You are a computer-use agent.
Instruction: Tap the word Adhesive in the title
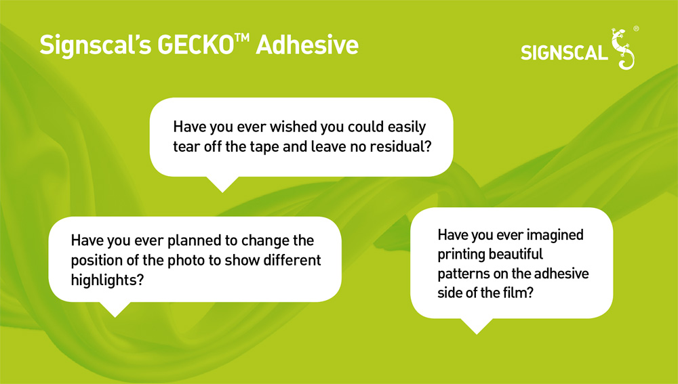(x=307, y=45)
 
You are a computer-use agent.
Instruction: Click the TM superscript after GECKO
(x=242, y=37)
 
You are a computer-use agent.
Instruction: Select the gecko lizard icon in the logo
(x=622, y=49)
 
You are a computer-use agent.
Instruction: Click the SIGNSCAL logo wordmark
(x=564, y=53)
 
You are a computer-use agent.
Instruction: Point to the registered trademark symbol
(x=636, y=29)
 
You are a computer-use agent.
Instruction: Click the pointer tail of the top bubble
(x=222, y=184)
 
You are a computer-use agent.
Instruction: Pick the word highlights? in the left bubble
(x=107, y=280)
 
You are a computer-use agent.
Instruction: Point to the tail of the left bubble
(x=115, y=310)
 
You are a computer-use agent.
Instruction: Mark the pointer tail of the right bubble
(x=477, y=326)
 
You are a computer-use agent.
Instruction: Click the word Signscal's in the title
(x=96, y=45)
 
